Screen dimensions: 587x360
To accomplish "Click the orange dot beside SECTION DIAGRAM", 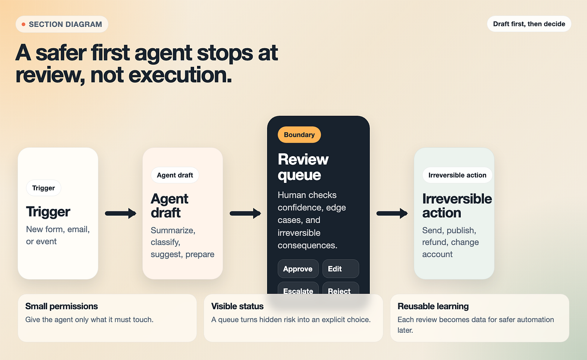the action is click(x=23, y=24).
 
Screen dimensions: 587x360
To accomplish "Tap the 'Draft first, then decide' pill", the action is click(x=529, y=24).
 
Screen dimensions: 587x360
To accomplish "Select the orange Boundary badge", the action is click(x=299, y=135).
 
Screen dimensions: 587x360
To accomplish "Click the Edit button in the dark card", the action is click(x=340, y=269).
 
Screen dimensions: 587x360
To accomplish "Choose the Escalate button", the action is click(x=298, y=288).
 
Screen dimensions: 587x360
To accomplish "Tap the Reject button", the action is click(x=340, y=288).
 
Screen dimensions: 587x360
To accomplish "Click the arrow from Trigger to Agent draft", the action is click(x=121, y=214).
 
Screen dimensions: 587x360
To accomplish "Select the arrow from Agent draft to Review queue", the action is click(x=245, y=214).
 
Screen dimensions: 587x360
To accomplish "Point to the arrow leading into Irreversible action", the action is click(x=392, y=214).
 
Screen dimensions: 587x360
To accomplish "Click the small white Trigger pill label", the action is click(x=44, y=188).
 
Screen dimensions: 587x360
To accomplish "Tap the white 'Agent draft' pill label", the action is click(x=175, y=175).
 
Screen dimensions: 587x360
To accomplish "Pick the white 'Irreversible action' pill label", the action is click(x=457, y=175).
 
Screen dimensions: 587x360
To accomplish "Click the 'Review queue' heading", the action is click(x=303, y=167).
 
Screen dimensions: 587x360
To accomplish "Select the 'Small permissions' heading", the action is click(x=62, y=306).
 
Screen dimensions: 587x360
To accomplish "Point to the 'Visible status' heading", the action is click(x=237, y=306).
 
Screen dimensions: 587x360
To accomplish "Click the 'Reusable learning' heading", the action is click(x=433, y=306).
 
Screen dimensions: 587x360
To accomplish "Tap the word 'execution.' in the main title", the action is click(x=180, y=75).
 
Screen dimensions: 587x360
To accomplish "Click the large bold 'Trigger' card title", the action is click(x=48, y=212).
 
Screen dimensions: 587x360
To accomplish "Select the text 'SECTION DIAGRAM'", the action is click(x=65, y=24).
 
